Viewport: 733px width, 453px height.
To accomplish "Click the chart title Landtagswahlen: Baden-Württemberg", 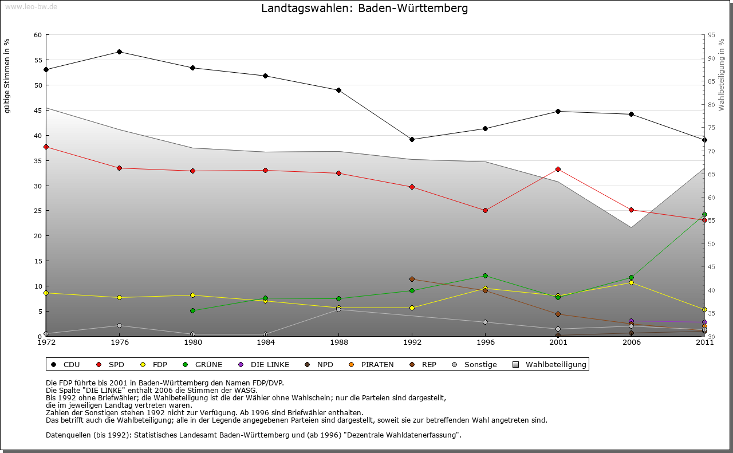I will pos(364,9).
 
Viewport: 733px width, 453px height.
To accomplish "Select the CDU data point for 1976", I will pos(119,52).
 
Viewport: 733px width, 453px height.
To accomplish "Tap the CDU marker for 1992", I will pos(412,139).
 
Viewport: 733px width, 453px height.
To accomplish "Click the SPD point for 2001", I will pos(558,169).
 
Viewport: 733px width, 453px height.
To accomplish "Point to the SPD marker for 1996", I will pos(485,210).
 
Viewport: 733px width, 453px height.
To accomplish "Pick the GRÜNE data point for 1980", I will pos(192,310).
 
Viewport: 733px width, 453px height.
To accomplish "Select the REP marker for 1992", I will pos(412,279).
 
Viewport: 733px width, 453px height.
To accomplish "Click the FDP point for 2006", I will pos(631,282).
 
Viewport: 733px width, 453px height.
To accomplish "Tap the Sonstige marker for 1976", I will pos(119,326).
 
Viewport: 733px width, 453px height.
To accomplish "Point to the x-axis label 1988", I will pos(338,343).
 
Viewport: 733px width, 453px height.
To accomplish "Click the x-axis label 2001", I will pos(558,343).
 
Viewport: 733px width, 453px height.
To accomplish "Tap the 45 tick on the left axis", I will pos(38,111).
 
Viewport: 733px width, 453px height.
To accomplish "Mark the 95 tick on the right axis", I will pos(711,35).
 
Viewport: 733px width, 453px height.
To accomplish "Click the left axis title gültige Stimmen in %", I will pos(7,76).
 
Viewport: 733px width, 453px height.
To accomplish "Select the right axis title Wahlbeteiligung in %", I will pos(722,75).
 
